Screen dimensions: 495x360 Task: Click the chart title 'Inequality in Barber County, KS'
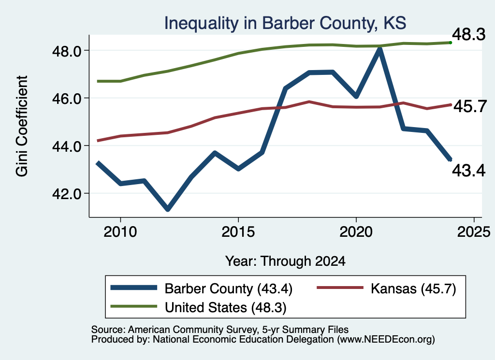pos(285,23)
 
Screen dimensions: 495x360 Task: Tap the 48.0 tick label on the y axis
pos(67,51)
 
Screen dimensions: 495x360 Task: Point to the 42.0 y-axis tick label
pos(67,194)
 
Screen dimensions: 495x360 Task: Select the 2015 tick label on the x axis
pos(238,232)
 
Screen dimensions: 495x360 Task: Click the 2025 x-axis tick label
pos(474,232)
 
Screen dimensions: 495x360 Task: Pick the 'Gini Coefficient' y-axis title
pos(22,126)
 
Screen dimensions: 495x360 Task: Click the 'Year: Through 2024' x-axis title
pos(285,261)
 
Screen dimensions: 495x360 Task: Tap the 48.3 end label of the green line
pos(468,34)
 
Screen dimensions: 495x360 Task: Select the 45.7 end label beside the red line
pos(470,106)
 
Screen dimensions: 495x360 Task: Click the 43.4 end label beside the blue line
pos(468,171)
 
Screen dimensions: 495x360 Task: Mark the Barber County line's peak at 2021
pos(379,49)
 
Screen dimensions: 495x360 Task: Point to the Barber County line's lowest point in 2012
pos(168,209)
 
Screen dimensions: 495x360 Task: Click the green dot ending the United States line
pos(451,43)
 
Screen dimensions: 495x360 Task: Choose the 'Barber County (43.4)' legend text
pos(229,288)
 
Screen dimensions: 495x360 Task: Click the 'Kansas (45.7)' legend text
pos(413,288)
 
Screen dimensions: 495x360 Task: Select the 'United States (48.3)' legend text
pos(225,308)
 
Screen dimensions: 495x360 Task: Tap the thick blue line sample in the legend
pos(134,288)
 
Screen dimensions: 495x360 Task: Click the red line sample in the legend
pos(340,288)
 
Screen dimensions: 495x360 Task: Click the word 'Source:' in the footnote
pos(109,330)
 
